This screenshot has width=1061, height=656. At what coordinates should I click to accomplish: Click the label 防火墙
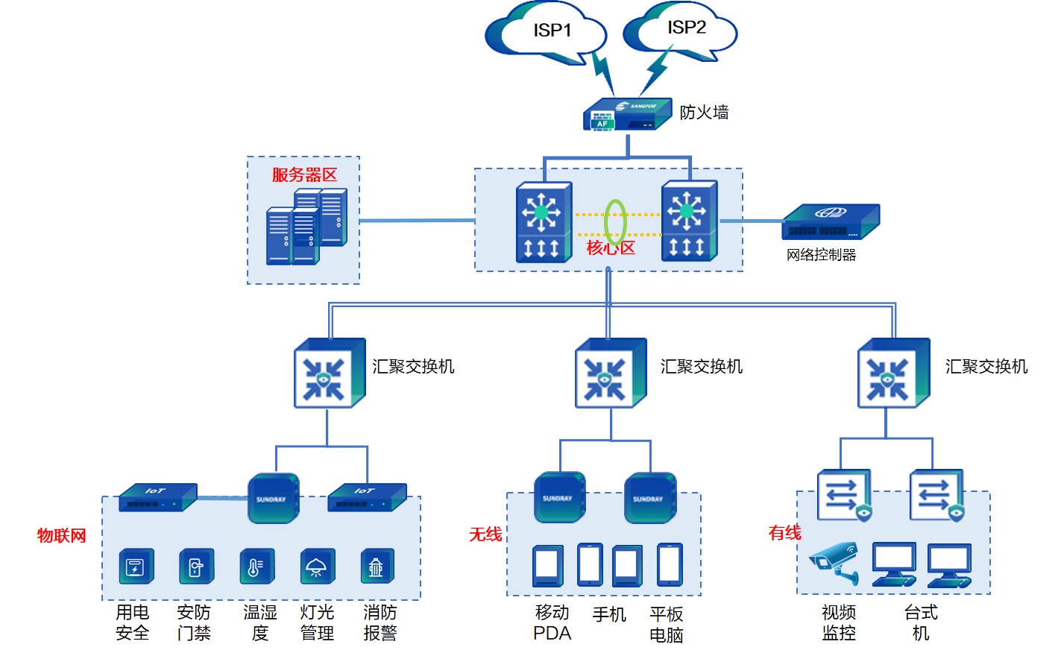click(704, 113)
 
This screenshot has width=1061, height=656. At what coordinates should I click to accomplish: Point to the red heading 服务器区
click(304, 175)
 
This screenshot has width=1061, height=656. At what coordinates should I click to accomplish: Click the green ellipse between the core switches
click(615, 221)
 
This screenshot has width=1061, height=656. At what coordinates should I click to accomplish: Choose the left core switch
click(544, 222)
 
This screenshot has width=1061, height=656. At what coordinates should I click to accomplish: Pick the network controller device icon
click(831, 221)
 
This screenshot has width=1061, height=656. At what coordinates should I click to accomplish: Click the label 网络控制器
click(821, 255)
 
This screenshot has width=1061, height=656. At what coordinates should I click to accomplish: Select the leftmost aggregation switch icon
click(330, 373)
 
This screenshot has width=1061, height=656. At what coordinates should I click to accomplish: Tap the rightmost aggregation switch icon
click(893, 373)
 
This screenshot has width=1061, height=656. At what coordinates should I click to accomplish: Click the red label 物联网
click(62, 535)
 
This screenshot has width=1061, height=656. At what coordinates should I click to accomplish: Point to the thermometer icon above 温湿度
click(256, 567)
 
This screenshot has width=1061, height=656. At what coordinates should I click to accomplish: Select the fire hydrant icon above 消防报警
click(377, 567)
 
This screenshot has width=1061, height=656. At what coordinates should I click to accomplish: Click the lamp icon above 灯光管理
click(317, 567)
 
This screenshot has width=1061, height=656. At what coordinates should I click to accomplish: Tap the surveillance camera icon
click(835, 563)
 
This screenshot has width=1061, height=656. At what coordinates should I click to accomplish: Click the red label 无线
click(485, 534)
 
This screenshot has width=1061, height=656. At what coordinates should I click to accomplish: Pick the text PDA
click(552, 634)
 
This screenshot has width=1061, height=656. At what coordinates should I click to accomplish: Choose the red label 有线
click(784, 533)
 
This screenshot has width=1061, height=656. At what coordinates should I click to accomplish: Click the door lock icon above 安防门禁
click(196, 567)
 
